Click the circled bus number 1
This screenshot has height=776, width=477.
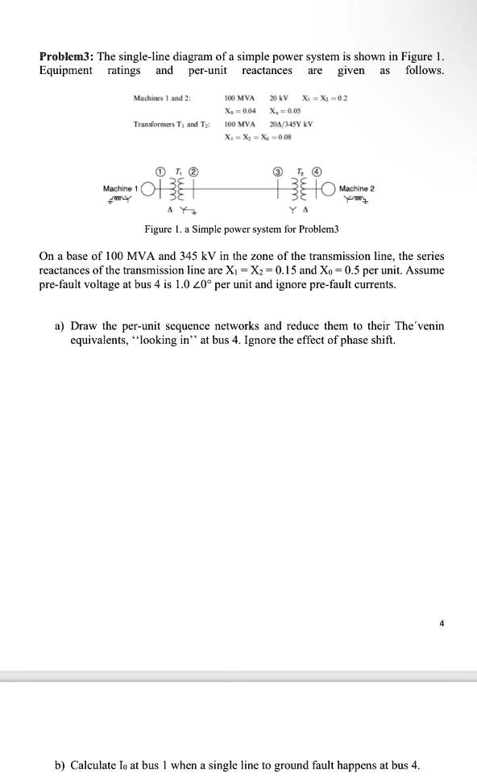(x=161, y=171)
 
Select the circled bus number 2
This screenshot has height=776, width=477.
(x=193, y=171)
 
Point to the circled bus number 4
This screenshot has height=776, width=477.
(x=317, y=171)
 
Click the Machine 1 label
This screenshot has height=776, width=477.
(x=121, y=188)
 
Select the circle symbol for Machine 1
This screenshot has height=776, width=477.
(x=147, y=191)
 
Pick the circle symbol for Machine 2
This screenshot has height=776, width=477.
(x=329, y=191)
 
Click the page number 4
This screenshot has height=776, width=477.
(x=442, y=621)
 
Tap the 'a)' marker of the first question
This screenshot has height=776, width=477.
(x=60, y=326)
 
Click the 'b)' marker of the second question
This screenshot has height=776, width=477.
(x=60, y=765)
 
